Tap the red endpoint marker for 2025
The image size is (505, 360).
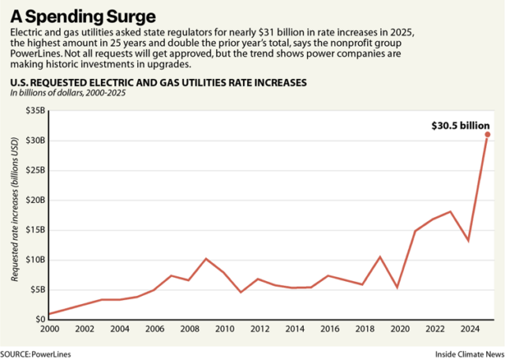coord(488,135)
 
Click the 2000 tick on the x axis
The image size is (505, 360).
coord(50,329)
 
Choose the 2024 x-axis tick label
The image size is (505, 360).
coord(469,329)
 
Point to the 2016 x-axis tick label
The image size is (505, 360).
coord(330,329)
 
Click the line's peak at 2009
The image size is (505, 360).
coord(206,259)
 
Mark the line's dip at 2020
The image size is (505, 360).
coord(398,287)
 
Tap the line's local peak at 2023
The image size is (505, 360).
coord(451,212)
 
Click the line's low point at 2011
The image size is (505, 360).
coord(241,292)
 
